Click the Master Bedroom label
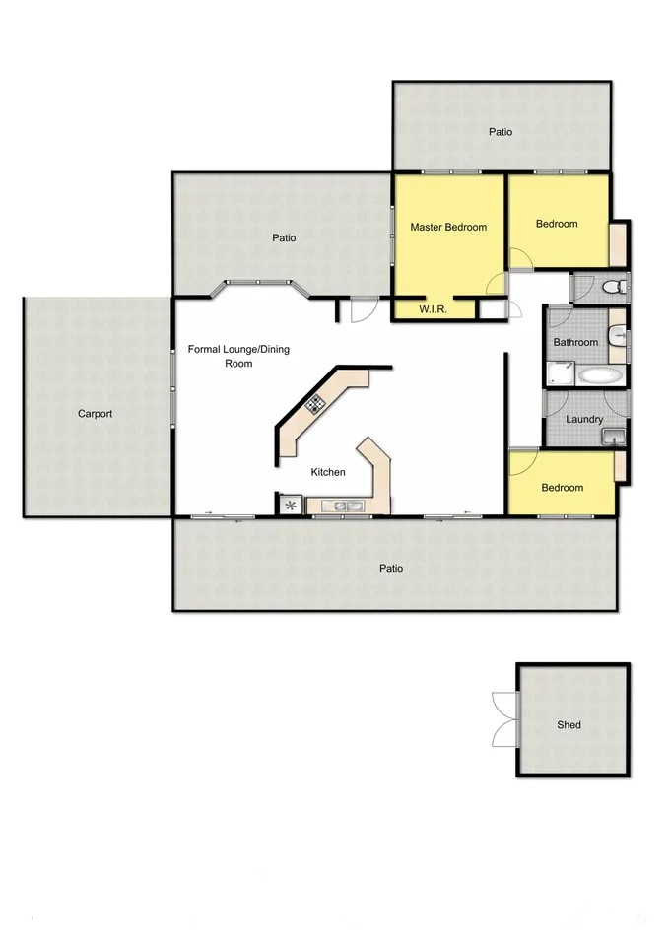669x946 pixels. click(448, 227)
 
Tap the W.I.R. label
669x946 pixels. click(433, 309)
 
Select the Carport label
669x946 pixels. click(96, 414)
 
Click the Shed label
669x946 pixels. click(569, 724)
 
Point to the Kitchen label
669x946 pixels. click(328, 472)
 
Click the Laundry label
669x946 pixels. click(584, 419)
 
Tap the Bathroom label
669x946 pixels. click(575, 342)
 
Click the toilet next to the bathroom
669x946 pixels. click(616, 286)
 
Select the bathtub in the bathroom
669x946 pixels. click(600, 375)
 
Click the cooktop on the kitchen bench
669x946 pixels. click(315, 404)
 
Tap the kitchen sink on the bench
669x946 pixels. click(342, 507)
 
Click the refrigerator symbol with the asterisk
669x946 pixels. click(291, 506)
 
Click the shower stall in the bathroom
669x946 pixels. click(561, 374)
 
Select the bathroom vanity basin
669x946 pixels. click(618, 335)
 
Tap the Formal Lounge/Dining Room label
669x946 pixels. click(238, 356)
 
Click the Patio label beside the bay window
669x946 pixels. click(284, 237)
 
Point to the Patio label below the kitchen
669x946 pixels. click(391, 568)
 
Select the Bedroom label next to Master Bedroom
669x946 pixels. click(557, 224)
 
